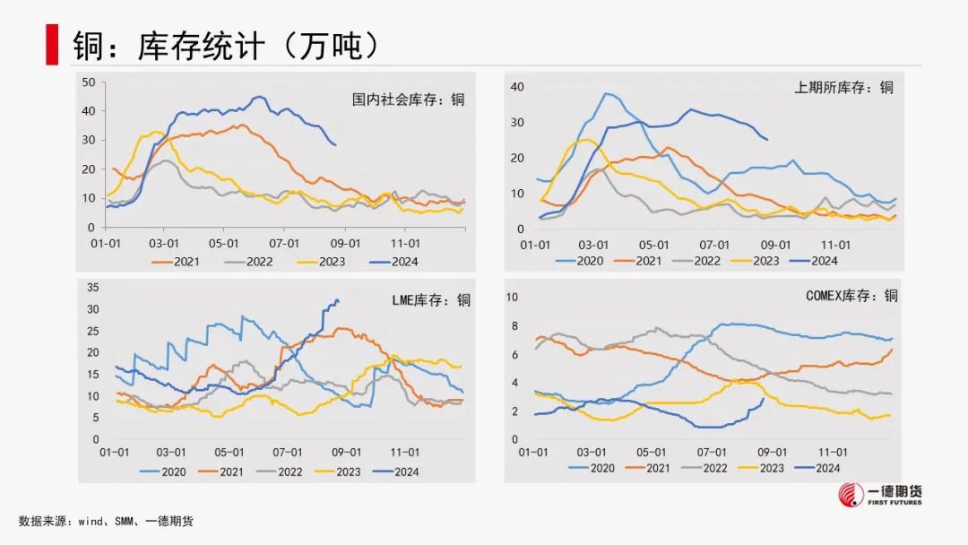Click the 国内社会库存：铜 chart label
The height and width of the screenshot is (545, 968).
[408, 99]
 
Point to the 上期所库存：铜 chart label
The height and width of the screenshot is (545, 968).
[843, 87]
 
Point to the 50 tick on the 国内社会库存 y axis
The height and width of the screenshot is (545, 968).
[88, 82]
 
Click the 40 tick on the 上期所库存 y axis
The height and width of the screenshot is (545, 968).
[516, 87]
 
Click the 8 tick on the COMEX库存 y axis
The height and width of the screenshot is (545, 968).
[514, 325]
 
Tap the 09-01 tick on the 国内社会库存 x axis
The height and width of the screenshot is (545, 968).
[346, 243]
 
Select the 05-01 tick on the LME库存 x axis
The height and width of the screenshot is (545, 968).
[229, 453]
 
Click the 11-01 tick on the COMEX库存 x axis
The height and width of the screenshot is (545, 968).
[834, 453]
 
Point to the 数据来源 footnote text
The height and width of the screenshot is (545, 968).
[106, 521]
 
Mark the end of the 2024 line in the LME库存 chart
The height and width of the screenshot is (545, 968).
[337, 300]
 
